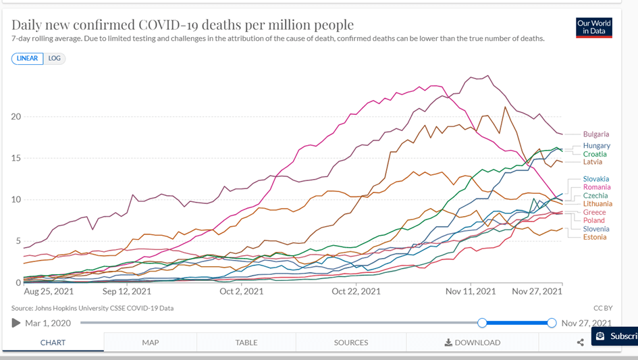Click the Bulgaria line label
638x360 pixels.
[596, 134]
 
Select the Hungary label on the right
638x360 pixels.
[597, 146]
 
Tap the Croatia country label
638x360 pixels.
[595, 154]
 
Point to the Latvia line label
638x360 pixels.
[593, 162]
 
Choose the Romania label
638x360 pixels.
[597, 187]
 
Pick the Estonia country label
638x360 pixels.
[595, 237]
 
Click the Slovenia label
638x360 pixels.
[596, 229]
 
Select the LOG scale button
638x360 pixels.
[55, 59]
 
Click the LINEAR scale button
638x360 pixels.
[28, 59]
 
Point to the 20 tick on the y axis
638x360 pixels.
[16, 117]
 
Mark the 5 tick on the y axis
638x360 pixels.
[18, 241]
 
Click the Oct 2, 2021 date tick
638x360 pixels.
[241, 292]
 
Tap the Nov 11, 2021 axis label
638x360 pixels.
[471, 292]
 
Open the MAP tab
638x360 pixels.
[151, 342]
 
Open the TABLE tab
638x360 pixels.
[246, 342]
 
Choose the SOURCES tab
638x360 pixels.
[351, 342]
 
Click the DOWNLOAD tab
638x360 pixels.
[473, 342]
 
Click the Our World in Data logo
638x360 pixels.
[594, 27]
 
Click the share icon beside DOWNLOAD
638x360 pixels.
[581, 342]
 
